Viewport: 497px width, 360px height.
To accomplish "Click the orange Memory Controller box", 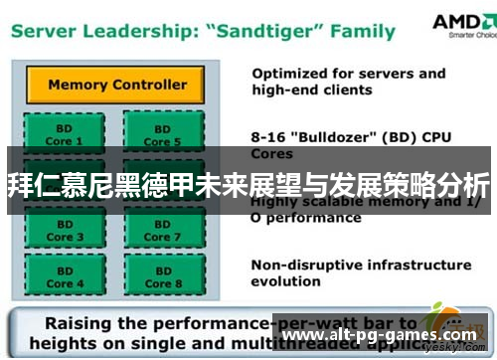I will (118, 85).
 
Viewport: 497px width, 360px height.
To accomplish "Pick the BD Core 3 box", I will (61, 231).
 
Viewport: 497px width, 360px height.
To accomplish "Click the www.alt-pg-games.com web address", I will (378, 337).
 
